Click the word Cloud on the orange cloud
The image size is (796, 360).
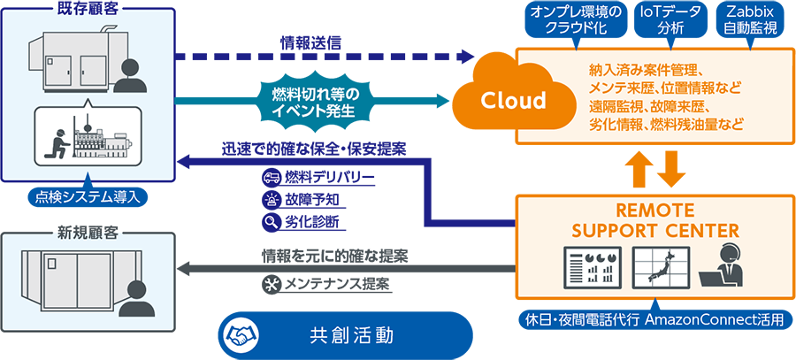pyautogui.click(x=513, y=99)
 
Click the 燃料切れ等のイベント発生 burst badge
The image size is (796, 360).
pyautogui.click(x=310, y=102)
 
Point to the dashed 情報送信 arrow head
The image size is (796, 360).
pyautogui.click(x=465, y=57)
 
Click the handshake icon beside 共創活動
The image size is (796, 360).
pyautogui.click(x=239, y=336)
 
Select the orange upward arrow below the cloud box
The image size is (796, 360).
pyautogui.click(x=637, y=168)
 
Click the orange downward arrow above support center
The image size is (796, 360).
pyautogui.click(x=670, y=168)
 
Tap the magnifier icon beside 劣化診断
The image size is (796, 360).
pyautogui.click(x=271, y=222)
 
